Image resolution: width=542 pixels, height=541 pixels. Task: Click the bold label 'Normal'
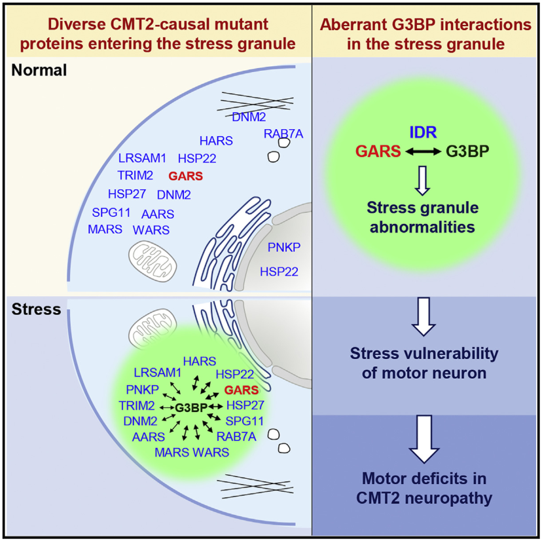[x=39, y=70]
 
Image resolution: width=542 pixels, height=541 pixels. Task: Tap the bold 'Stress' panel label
[x=36, y=309]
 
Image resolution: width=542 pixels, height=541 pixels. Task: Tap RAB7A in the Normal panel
[x=284, y=134]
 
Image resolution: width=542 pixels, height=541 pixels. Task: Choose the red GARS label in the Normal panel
[x=185, y=176]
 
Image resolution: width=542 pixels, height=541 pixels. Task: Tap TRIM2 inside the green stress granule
[x=137, y=405]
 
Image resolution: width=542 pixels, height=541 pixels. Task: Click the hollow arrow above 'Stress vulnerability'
[x=427, y=317]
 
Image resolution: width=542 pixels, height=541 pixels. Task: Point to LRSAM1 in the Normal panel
[x=142, y=158]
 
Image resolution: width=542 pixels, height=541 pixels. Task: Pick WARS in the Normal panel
[x=151, y=230]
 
